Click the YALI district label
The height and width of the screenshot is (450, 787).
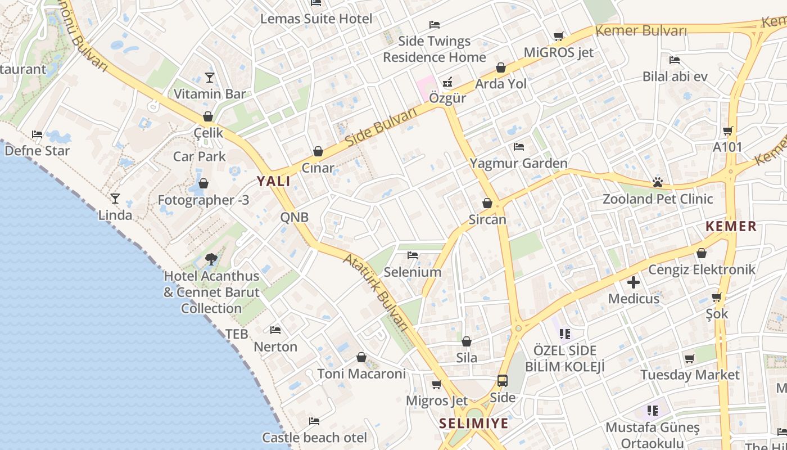pyautogui.click(x=274, y=181)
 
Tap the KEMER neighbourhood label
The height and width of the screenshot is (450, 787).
pyautogui.click(x=731, y=227)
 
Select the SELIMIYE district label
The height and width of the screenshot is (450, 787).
pyautogui.click(x=473, y=424)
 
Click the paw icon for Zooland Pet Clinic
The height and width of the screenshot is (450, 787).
pyautogui.click(x=658, y=182)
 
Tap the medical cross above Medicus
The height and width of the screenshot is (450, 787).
pyautogui.click(x=634, y=282)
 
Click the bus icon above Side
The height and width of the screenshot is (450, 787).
pyautogui.click(x=503, y=381)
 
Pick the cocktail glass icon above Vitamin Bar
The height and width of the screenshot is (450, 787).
pyautogui.click(x=210, y=77)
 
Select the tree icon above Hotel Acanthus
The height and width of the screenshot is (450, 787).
pyautogui.click(x=211, y=259)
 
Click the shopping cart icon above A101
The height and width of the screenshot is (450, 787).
pyautogui.click(x=728, y=131)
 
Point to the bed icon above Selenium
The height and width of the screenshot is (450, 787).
pyautogui.click(x=413, y=255)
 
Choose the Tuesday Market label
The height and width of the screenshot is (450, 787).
pyautogui.click(x=690, y=375)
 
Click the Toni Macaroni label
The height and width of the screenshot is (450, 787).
pyautogui.click(x=361, y=373)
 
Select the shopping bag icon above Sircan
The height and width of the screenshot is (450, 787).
pyautogui.click(x=487, y=203)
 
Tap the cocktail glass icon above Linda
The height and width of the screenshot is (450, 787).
pyautogui.click(x=115, y=198)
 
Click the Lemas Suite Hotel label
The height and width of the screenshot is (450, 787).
pyautogui.click(x=316, y=19)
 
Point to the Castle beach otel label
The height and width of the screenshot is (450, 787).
pyautogui.click(x=314, y=438)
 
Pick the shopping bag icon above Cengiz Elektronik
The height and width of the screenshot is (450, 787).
pyautogui.click(x=701, y=253)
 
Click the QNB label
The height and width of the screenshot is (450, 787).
pyautogui.click(x=295, y=217)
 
